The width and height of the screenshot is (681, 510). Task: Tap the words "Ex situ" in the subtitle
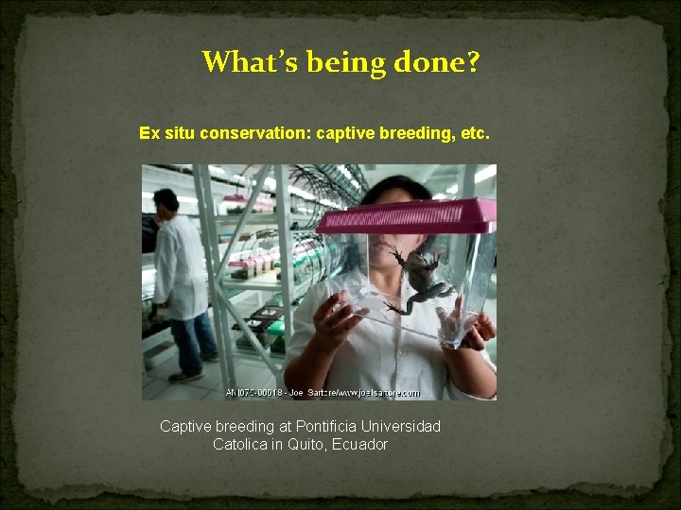166,134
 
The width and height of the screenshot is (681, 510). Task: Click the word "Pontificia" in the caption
330,427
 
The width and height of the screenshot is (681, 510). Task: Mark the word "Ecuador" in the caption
359,444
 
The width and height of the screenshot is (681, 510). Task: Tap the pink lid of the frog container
407,215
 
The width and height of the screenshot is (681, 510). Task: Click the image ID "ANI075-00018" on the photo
252,393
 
